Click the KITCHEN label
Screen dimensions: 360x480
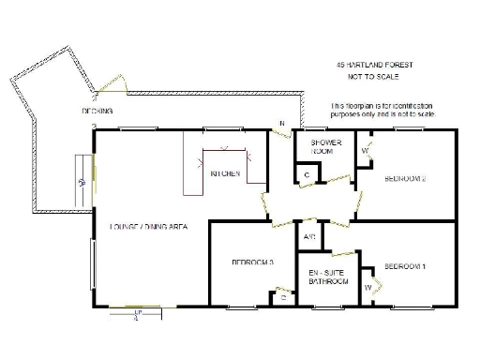[x=225, y=174]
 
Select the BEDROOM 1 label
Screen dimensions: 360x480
[x=405, y=265]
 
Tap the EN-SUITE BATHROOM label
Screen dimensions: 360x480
[x=329, y=277]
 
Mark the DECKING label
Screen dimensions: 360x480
[x=97, y=111]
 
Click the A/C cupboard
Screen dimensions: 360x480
[x=308, y=237]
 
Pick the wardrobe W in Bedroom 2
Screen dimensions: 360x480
[x=365, y=150]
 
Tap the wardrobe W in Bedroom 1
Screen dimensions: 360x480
[x=367, y=286]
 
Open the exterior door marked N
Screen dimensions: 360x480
[x=279, y=134]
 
